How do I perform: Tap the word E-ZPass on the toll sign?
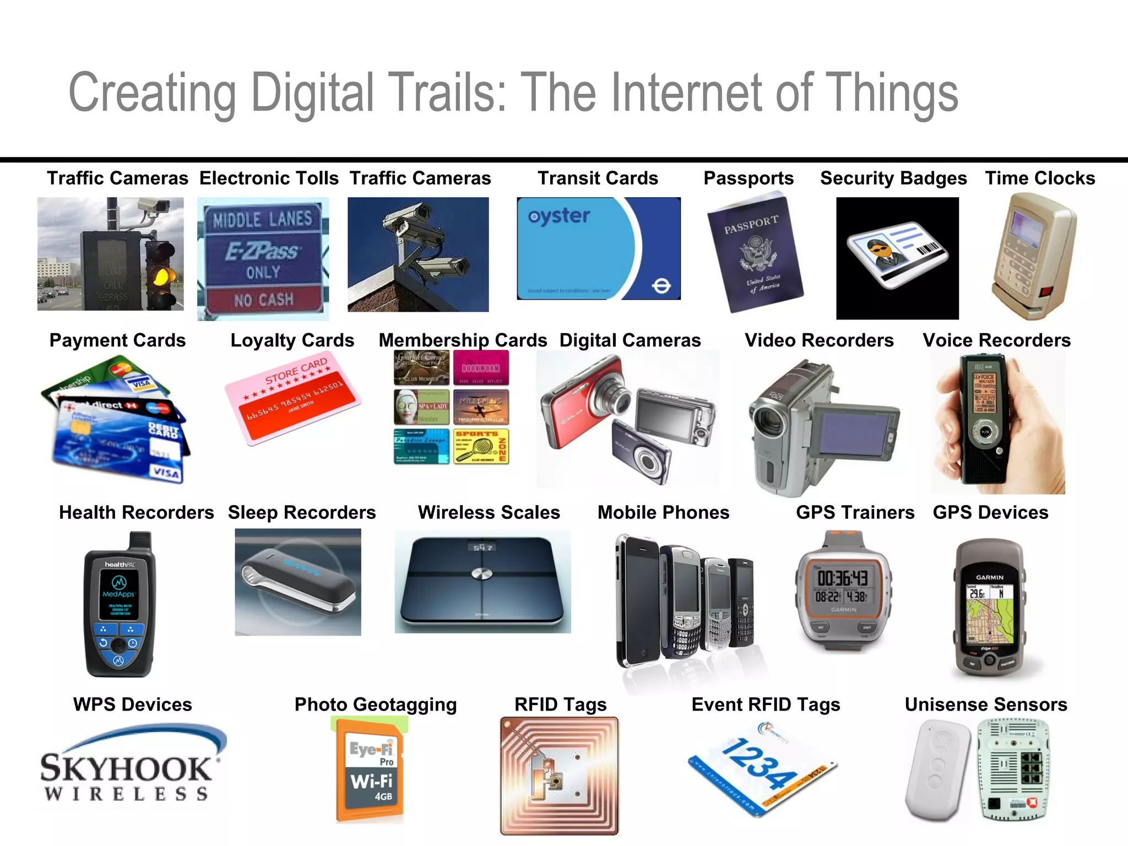coord(262,252)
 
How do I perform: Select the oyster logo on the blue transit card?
coord(559,216)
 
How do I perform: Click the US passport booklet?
coord(755,252)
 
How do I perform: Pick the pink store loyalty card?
coord(292,397)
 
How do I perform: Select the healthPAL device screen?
coord(119,594)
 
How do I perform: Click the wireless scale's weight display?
coord(482,547)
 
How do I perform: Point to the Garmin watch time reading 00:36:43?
coord(842,578)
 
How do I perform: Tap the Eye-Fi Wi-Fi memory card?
coord(371,770)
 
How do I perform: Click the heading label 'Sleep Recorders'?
coord(302,513)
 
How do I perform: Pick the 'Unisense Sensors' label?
coord(985,704)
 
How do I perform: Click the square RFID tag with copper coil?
coord(559,775)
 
